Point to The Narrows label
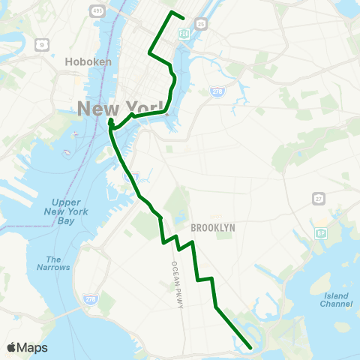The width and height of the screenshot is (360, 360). tap(53, 263)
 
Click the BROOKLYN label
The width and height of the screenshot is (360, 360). tap(213, 227)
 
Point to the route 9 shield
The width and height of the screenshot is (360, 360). tap(43, 45)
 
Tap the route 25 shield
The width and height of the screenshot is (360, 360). tap(201, 25)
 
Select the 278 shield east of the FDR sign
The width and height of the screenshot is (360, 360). tap(215, 91)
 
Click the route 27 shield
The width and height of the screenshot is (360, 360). tap(318, 197)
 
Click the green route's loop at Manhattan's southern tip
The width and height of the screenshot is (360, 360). tap(110, 121)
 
